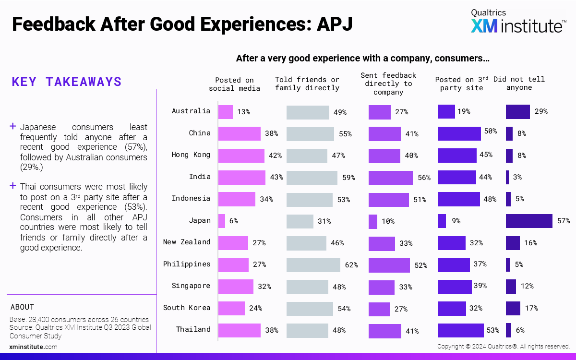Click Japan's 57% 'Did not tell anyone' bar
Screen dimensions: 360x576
529,221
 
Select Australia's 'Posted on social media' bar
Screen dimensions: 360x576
226,112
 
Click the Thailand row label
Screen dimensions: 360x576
193,329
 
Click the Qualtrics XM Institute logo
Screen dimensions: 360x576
517,21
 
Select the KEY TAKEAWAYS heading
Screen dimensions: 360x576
67,82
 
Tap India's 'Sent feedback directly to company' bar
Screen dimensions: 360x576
390,178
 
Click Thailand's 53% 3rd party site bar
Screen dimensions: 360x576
460,331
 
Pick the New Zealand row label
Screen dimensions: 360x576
187,242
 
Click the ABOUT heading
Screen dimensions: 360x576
22,307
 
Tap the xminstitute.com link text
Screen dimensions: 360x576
34,347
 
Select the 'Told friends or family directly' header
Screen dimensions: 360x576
307,84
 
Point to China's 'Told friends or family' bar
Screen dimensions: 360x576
310,134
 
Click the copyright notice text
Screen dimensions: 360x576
503,346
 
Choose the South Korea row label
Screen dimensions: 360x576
187,308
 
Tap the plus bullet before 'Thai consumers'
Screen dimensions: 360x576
13,186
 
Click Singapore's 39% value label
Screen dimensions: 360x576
480,286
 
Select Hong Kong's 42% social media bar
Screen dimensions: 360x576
241,156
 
